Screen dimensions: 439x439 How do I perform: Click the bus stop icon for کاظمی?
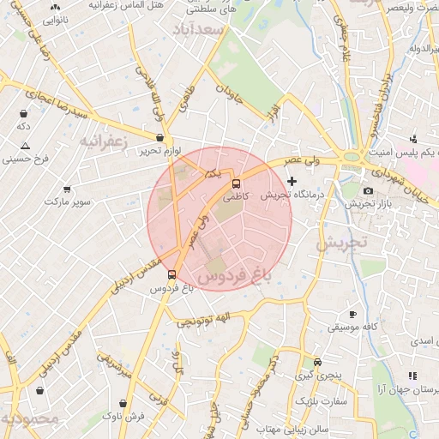point(238,183)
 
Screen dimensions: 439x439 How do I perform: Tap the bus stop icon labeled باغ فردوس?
point(172,275)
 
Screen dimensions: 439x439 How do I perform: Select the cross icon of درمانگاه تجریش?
point(292,181)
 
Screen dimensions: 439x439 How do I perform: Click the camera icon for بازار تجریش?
point(369,190)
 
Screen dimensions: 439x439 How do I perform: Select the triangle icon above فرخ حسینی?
point(25,146)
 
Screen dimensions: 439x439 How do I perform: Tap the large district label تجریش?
point(340,243)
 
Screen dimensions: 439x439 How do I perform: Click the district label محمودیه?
point(31,419)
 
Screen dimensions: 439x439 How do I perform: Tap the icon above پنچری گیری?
point(317,363)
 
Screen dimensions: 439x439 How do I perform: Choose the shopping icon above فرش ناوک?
point(125,402)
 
